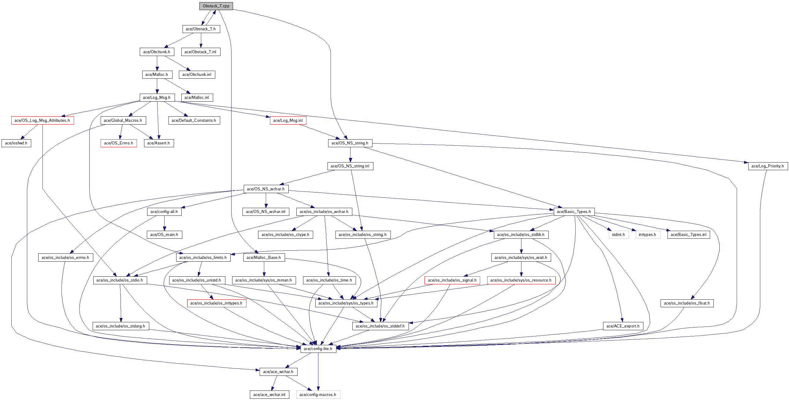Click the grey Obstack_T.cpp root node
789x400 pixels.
click(x=216, y=6)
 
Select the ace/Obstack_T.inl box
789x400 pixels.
click(x=200, y=52)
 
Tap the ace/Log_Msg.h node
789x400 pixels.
click(x=157, y=97)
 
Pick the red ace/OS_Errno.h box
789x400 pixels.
click(x=119, y=143)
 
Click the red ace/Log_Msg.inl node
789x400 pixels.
click(x=288, y=121)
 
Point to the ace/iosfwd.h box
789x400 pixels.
click(x=16, y=143)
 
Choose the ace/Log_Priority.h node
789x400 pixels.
click(x=768, y=166)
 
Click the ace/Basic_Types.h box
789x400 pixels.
click(x=574, y=212)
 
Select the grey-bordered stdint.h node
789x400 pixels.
click(x=618, y=235)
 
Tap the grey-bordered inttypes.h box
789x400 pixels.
click(x=648, y=235)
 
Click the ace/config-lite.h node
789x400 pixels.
click(x=318, y=349)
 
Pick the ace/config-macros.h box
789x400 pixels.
click(x=318, y=395)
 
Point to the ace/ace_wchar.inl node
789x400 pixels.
click(x=269, y=395)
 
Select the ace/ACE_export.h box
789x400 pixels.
click(x=623, y=326)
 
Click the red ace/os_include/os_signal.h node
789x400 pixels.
click(x=452, y=280)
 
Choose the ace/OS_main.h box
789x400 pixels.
click(x=164, y=235)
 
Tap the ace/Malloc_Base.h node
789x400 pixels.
click(x=264, y=258)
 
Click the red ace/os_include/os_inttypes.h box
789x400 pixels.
click(x=217, y=304)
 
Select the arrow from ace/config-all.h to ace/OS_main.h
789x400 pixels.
click(x=164, y=223)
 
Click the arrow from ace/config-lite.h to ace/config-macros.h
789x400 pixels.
click(x=318, y=372)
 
